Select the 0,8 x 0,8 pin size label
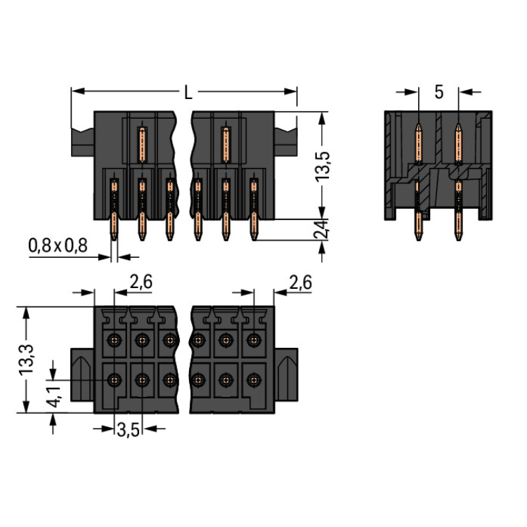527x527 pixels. [x=58, y=246]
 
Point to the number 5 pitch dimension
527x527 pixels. [x=438, y=92]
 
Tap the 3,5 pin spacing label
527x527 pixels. [x=127, y=430]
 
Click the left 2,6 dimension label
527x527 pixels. [x=141, y=282]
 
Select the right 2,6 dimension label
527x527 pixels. [x=299, y=282]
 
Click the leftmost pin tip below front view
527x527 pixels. [x=114, y=237]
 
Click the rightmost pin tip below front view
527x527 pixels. [x=254, y=237]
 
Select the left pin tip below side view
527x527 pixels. [x=419, y=237]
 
